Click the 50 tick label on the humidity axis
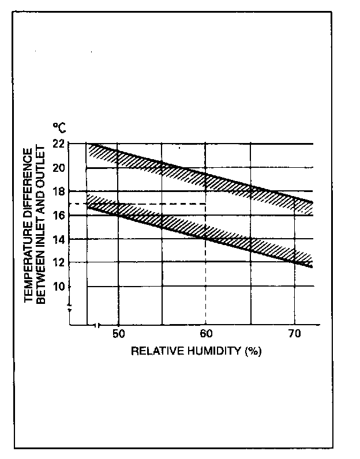point(118,334)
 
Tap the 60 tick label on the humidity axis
point(207,334)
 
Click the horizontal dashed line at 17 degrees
point(144,204)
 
